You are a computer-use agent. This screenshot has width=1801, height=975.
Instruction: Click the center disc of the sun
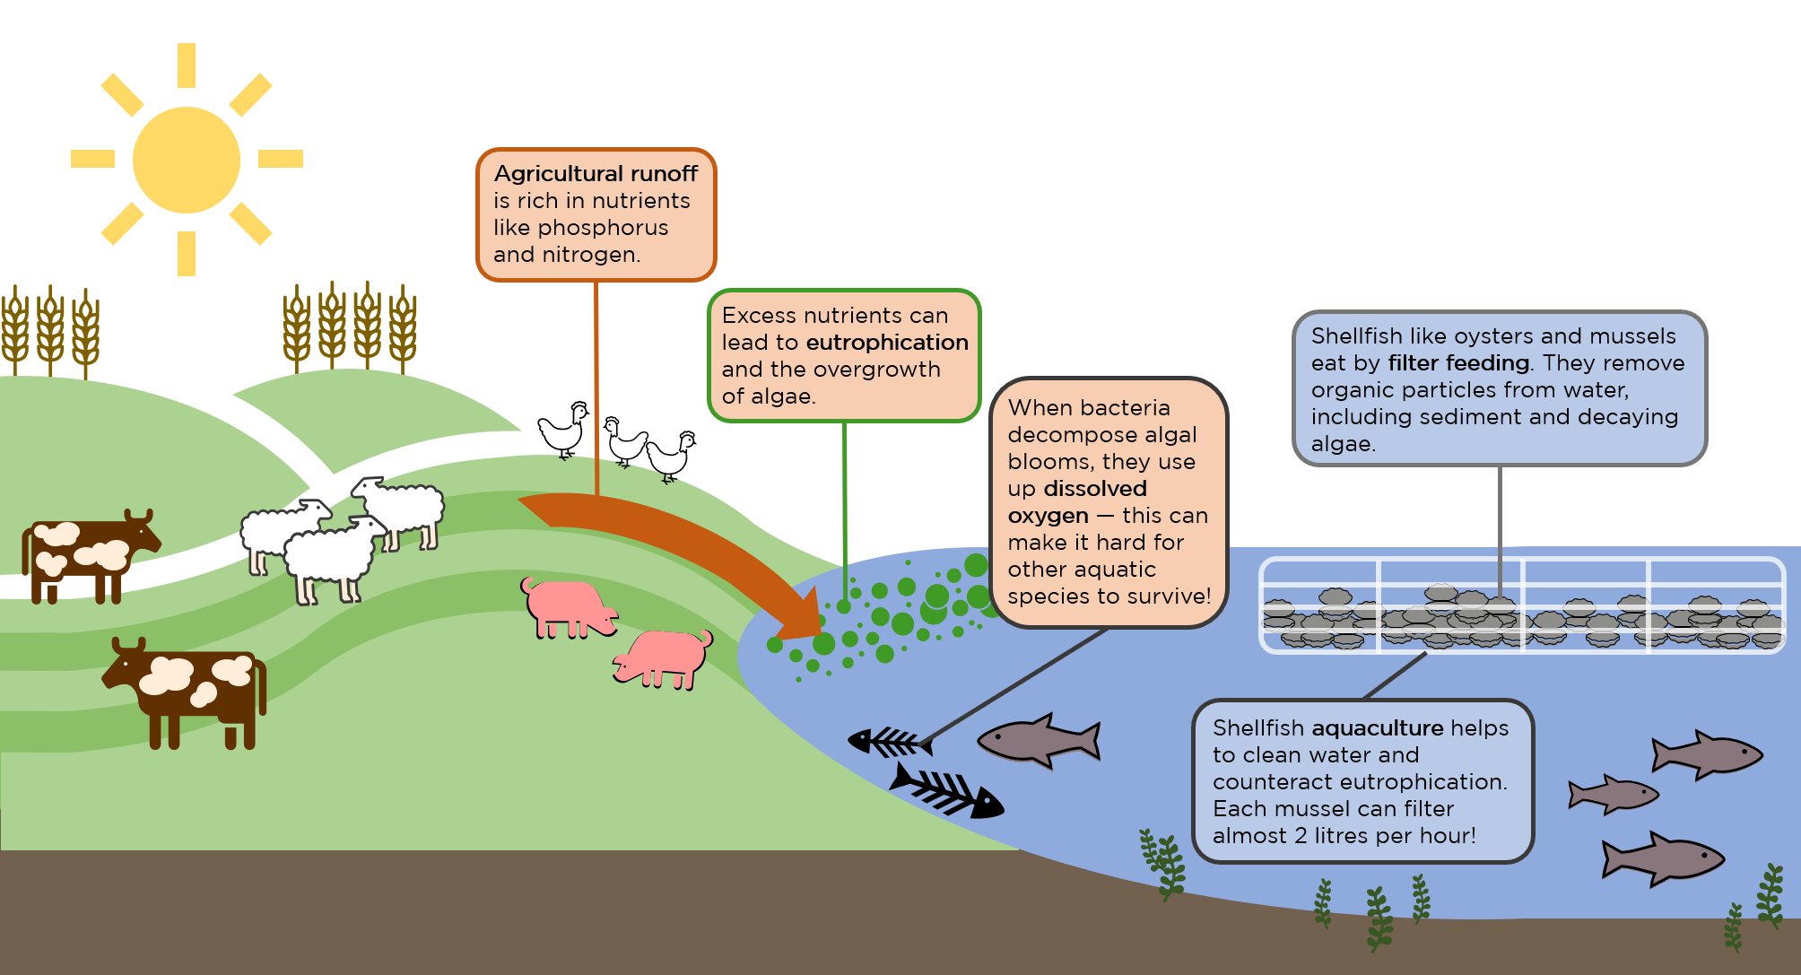187,160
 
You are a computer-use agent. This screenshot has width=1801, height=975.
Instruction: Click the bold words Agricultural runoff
596,173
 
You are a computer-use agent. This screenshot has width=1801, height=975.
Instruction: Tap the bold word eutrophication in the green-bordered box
886,343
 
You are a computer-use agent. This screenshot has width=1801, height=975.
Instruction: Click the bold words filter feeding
1458,363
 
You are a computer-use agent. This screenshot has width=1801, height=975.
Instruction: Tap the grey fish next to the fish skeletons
1040,741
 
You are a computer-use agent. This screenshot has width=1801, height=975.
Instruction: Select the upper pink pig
569,606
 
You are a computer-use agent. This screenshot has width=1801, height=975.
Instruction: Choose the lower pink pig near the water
665,657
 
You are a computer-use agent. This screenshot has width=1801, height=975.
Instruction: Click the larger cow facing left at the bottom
188,686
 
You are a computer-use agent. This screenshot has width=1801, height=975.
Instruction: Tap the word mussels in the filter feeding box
1639,336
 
